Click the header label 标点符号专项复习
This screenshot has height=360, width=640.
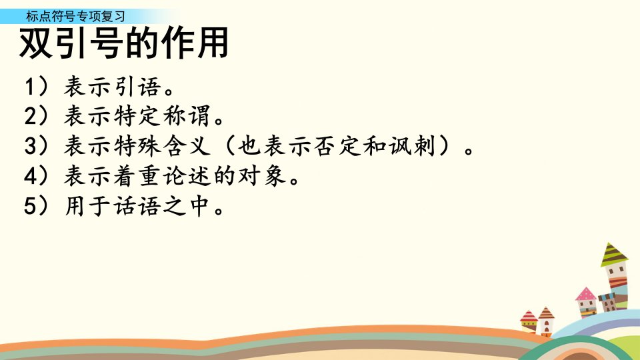(75, 16)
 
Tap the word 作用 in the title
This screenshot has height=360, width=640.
(194, 43)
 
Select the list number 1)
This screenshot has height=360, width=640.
(37, 87)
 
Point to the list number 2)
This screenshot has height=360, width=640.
(37, 116)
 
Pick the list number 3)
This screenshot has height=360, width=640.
(37, 146)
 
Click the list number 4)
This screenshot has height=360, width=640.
(37, 175)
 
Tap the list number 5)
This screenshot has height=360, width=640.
(37, 205)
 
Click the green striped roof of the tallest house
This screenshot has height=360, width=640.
(613, 255)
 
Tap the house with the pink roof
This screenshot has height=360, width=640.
(586, 303)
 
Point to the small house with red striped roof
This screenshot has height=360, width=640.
(529, 322)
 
